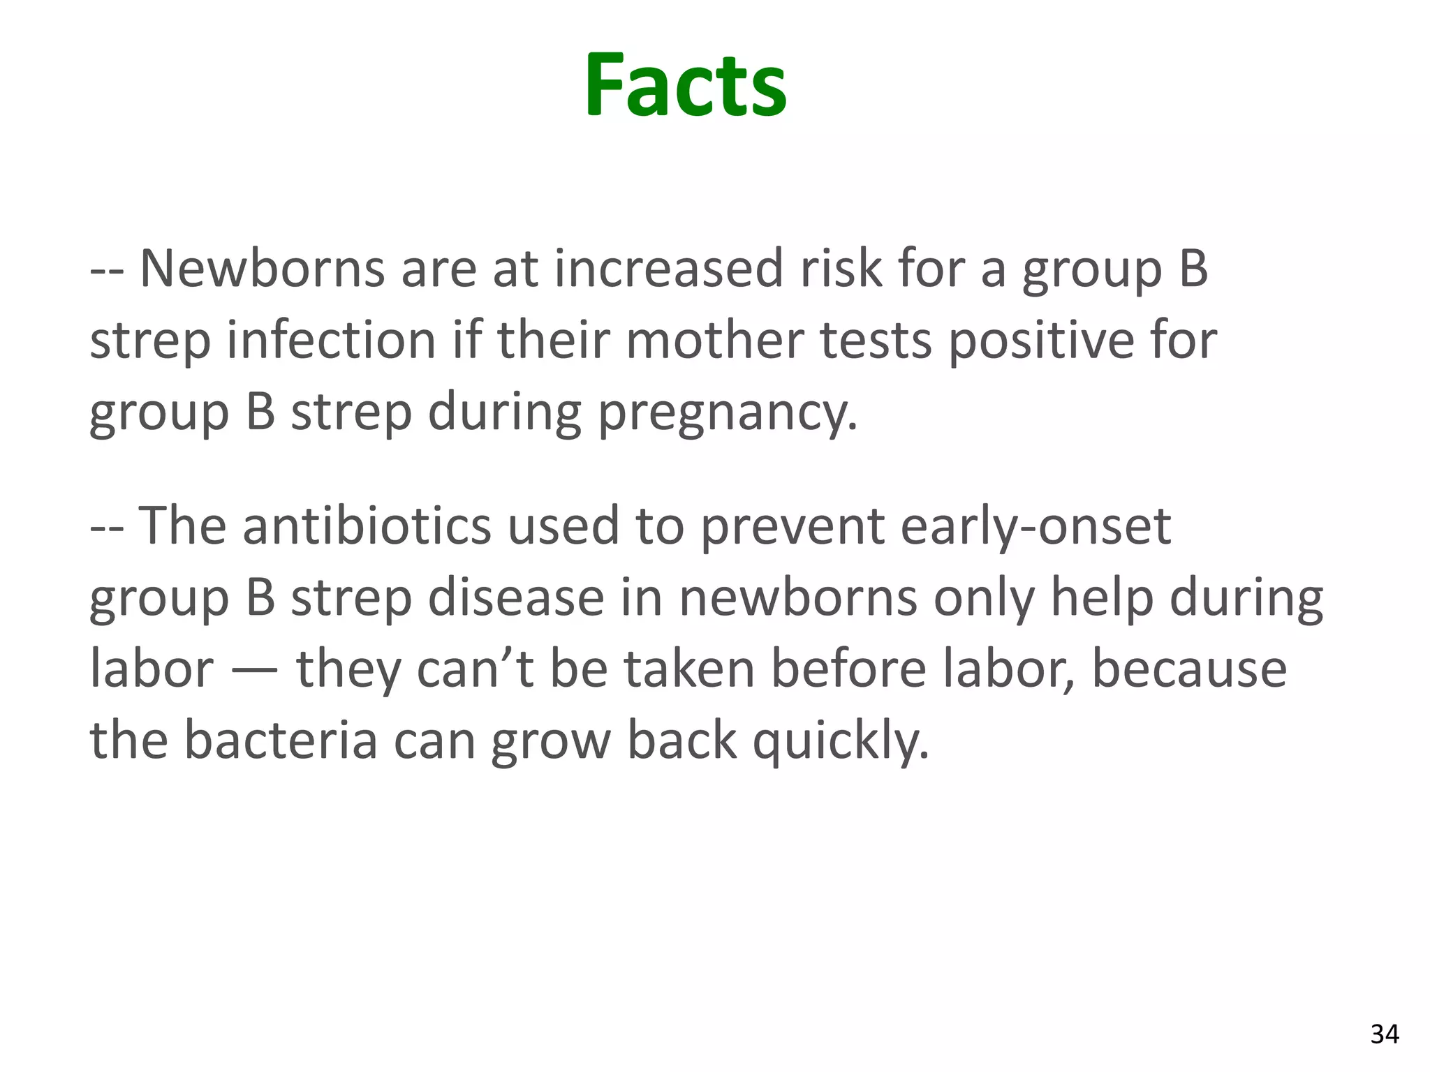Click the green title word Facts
[686, 86]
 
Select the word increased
[668, 269]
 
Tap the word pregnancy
[728, 413]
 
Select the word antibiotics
[367, 526]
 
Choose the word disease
[516, 598]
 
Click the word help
[1102, 598]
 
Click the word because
[1189, 669]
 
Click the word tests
[876, 341]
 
